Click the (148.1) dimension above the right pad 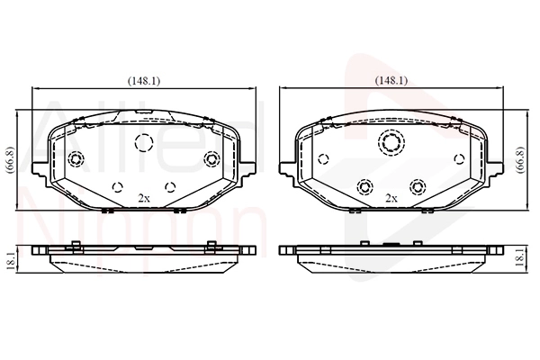click(391, 80)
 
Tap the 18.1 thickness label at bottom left click(10, 258)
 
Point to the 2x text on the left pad click(143, 196)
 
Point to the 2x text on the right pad click(391, 196)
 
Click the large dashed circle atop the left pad click(143, 141)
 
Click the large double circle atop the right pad click(391, 141)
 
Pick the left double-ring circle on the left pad click(76, 160)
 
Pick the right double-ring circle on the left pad click(211, 160)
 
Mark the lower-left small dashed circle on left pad click(117, 187)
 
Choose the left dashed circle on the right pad click(323, 160)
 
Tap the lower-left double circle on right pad click(364, 186)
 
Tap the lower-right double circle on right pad click(417, 186)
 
